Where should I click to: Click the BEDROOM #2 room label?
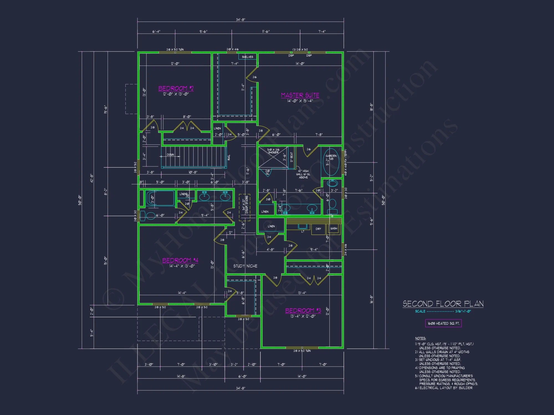point(176,88)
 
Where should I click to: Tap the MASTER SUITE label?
point(300,95)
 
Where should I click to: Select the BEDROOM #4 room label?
point(180,260)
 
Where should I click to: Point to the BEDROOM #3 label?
point(303,311)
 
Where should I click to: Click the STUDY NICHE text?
point(245,266)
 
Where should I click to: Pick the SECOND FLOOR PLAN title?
point(443,304)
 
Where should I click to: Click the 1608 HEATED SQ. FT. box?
point(443,323)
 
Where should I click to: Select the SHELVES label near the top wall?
point(247,57)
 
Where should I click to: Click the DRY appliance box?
point(318,229)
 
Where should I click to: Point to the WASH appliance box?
point(334,229)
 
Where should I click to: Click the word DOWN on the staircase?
point(170,155)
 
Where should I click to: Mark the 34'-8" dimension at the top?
point(240,20)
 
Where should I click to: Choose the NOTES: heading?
point(420,338)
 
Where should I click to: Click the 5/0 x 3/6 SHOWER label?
point(273,151)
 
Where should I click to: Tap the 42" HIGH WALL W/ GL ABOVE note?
point(303,174)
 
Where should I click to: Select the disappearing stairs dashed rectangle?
point(245,207)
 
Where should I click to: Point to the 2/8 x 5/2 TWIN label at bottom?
point(302,351)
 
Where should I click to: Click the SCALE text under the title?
point(420,311)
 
